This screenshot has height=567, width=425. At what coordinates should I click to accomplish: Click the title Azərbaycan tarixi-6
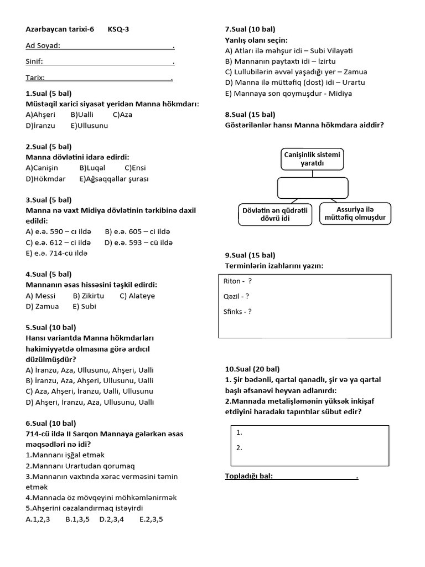coord(60,29)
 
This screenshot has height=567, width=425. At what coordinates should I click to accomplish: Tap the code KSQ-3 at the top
coord(118,29)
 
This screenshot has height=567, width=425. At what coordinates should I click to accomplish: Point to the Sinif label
coord(34,62)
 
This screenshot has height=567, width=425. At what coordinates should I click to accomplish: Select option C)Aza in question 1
coord(122,115)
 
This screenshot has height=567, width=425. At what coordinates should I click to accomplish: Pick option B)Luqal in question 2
coord(93,168)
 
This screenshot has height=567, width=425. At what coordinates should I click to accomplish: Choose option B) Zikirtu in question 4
coord(89,296)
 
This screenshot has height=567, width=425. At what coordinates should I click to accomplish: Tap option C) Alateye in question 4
coord(137,296)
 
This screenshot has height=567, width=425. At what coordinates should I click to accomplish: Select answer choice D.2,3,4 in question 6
coord(111,519)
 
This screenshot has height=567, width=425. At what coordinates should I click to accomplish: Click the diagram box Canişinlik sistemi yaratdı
coord(312,159)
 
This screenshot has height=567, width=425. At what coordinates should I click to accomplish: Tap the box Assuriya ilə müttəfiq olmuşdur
coord(355,214)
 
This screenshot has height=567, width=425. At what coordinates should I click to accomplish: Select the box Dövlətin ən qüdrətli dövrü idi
coord(274,214)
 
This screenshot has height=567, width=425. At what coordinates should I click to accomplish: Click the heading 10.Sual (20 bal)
coord(252,369)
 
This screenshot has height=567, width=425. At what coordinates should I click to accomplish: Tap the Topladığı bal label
coord(249,476)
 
